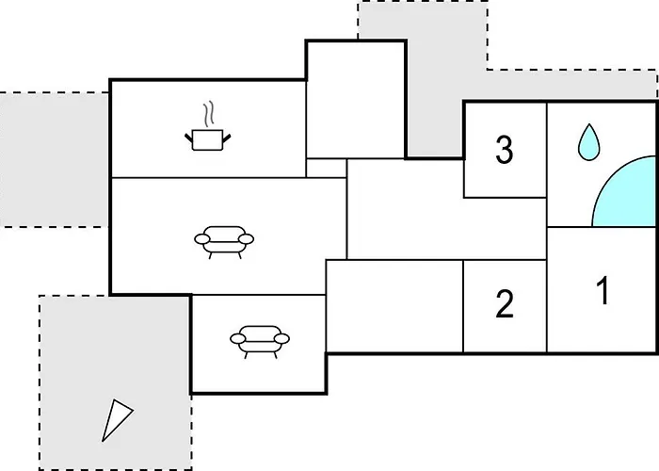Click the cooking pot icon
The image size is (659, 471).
pos(210,140)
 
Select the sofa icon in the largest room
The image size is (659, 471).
pos(224,241)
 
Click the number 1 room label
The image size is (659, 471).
pos(602,291)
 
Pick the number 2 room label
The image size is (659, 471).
pos(505,304)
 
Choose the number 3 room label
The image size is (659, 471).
pos(505,149)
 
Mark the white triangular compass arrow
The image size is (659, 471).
pos(116,419)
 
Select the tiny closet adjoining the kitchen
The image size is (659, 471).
pos(327,168)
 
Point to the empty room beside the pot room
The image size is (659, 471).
pos(354,99)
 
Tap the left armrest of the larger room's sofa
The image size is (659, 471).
pos(201,240)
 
